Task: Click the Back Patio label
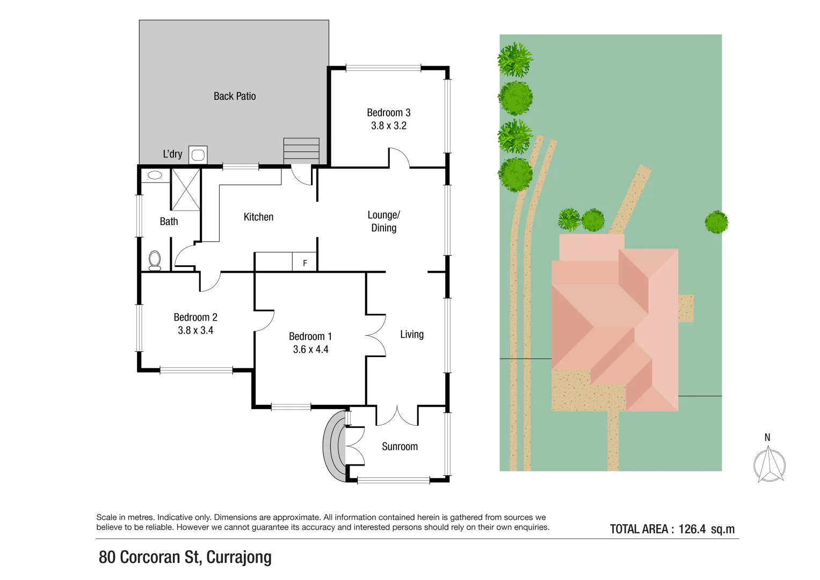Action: pyautogui.click(x=235, y=96)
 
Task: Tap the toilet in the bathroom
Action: pyautogui.click(x=155, y=260)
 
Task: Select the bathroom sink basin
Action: pyautogui.click(x=155, y=175)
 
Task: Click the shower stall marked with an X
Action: pyautogui.click(x=186, y=189)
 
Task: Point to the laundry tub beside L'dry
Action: pyautogui.click(x=198, y=155)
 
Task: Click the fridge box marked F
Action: pyautogui.click(x=304, y=263)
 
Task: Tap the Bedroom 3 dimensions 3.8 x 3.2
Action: pyautogui.click(x=389, y=126)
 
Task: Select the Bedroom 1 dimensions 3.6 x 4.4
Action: pyautogui.click(x=310, y=350)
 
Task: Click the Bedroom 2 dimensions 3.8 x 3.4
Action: pyautogui.click(x=195, y=330)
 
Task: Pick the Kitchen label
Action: pyautogui.click(x=258, y=217)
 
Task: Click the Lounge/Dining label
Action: pyautogui.click(x=383, y=221)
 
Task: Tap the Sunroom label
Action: pyautogui.click(x=400, y=446)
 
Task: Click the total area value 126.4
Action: pyautogui.click(x=692, y=529)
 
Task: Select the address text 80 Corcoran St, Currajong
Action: pyautogui.click(x=185, y=557)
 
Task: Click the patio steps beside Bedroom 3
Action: pyautogui.click(x=301, y=150)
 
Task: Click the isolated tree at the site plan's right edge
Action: pyautogui.click(x=716, y=222)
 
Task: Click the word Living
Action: pyautogui.click(x=412, y=335)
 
